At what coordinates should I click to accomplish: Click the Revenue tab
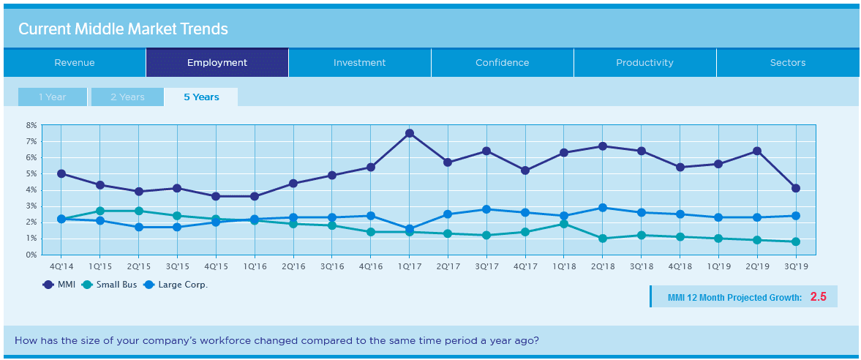pyautogui.click(x=75, y=63)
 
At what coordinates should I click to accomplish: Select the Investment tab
pyautogui.click(x=359, y=63)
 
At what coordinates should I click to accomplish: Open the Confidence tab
pyautogui.click(x=502, y=63)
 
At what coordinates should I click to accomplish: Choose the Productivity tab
pyautogui.click(x=644, y=63)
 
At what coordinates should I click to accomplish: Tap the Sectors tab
pyautogui.click(x=788, y=63)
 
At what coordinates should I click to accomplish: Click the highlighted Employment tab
pyautogui.click(x=217, y=63)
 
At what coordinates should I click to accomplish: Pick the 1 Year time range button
pyautogui.click(x=52, y=97)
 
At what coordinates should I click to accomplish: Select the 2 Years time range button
pyautogui.click(x=127, y=97)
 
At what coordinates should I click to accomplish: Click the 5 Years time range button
pyautogui.click(x=201, y=97)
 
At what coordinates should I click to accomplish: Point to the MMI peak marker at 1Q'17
pyautogui.click(x=410, y=133)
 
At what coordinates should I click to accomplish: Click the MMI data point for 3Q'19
pyautogui.click(x=796, y=188)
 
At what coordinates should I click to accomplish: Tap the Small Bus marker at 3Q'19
pyautogui.click(x=796, y=241)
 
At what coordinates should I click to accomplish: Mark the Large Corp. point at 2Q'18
pyautogui.click(x=603, y=208)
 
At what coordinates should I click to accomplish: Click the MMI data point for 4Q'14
pyautogui.click(x=61, y=174)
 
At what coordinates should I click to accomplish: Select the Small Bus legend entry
pyautogui.click(x=110, y=285)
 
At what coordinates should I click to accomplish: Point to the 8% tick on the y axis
pyautogui.click(x=31, y=125)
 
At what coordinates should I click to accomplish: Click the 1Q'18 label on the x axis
pyautogui.click(x=564, y=267)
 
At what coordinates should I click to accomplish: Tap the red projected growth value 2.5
pyautogui.click(x=818, y=297)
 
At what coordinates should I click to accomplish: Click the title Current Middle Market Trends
pyautogui.click(x=123, y=29)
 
